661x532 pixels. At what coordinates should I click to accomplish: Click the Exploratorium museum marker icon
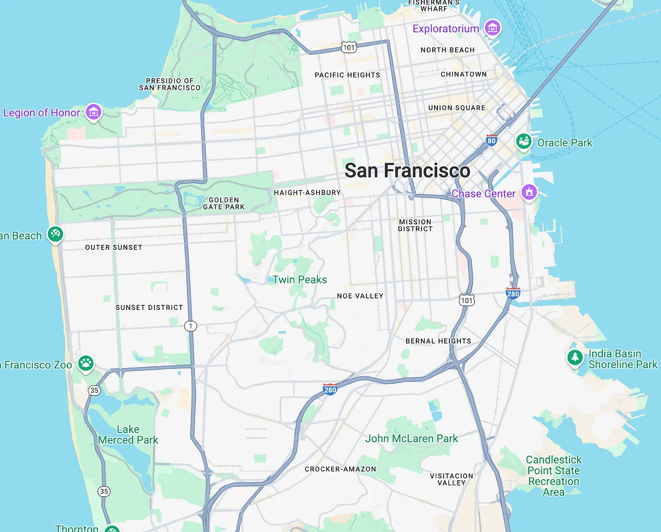(492, 28)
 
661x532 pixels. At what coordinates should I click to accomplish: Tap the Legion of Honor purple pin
(94, 111)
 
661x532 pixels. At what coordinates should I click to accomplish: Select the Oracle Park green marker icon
(523, 141)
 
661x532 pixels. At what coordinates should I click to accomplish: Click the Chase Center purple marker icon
(529, 192)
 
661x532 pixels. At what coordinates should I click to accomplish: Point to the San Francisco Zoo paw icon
(86, 363)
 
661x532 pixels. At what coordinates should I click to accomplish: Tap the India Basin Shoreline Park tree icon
(575, 357)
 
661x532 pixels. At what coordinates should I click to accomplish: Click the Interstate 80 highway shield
(491, 140)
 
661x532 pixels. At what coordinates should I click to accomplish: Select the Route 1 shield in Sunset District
(191, 326)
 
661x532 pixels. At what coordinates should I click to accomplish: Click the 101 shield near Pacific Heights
(349, 47)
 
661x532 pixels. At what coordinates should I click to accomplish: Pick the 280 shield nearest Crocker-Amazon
(330, 389)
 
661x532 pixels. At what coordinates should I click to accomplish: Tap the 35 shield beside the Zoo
(94, 390)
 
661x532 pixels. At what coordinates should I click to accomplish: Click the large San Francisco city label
(407, 171)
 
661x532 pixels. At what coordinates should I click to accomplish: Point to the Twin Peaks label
(300, 280)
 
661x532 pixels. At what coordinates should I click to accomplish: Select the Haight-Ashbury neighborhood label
(307, 193)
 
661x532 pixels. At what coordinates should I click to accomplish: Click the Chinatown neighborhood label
(464, 74)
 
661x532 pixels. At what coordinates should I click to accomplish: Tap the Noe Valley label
(360, 296)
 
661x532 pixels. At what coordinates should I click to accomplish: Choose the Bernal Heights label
(438, 341)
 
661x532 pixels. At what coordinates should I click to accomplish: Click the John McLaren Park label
(411, 438)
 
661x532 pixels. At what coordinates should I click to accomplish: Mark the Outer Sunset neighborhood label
(113, 247)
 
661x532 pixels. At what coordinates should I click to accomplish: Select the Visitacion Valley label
(451, 479)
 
